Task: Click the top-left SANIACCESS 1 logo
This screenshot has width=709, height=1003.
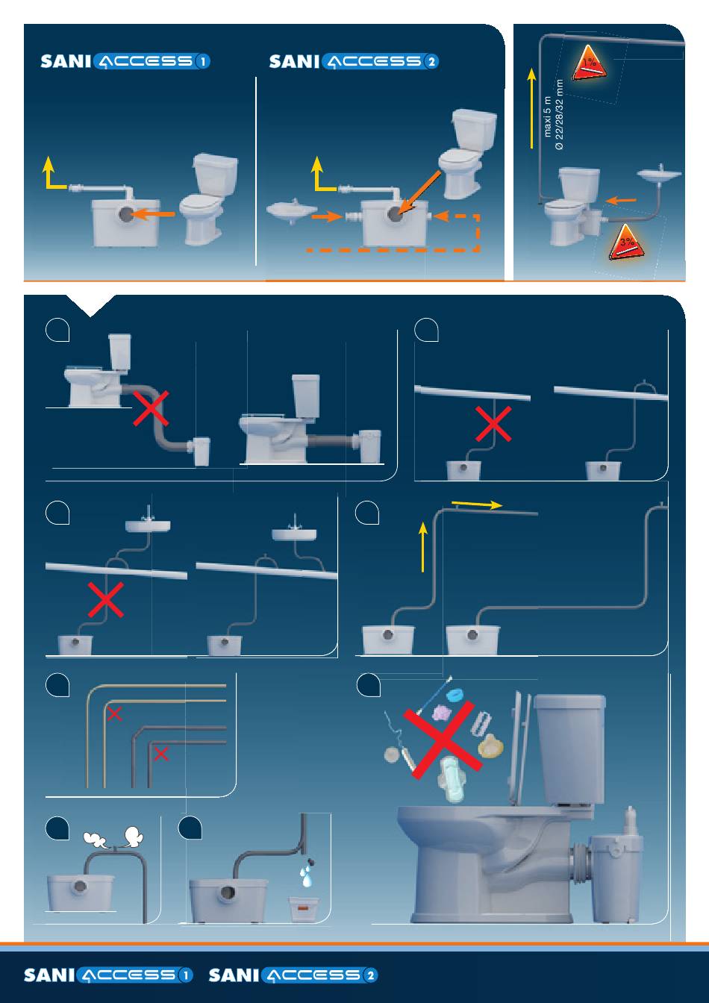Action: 125,62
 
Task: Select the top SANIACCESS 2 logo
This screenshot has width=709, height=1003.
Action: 354,62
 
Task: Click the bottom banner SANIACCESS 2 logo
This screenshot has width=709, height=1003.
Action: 293,975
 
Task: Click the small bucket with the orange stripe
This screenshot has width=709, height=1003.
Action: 303,908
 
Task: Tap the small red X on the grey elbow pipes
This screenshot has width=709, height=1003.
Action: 160,754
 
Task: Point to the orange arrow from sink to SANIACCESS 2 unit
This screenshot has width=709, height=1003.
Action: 328,217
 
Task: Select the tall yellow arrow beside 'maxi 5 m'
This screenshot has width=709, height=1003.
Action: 531,107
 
